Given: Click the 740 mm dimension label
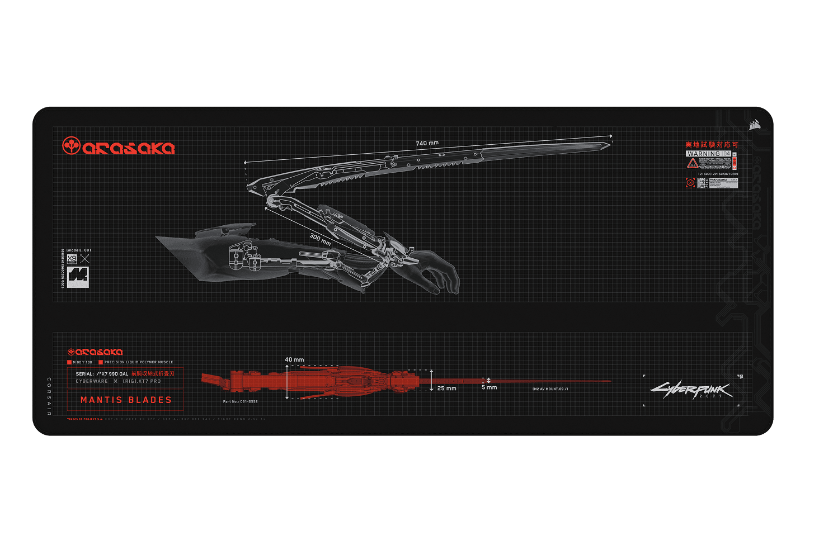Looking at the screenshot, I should point(427,143).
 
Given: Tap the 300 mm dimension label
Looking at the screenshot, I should point(320,239).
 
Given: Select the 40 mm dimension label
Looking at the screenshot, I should point(294,360).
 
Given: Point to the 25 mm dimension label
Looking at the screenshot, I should point(446,388).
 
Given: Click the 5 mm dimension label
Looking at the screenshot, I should point(489,387).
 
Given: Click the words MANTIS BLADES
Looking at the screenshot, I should point(126,400).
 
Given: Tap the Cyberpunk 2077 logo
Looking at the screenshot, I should point(691,390).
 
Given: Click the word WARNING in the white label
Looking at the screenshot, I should point(703,154).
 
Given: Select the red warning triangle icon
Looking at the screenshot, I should point(693,164).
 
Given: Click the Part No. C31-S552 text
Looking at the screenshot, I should point(241,401).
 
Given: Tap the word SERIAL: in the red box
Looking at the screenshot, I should point(85,374).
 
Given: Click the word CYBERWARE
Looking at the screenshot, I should point(92,381).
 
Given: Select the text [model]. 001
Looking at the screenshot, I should point(79,250).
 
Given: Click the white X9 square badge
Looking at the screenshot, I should point(72,259).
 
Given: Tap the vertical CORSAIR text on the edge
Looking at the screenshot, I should point(49,397).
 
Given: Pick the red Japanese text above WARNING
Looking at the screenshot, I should point(712,145).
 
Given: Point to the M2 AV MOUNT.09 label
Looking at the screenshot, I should point(550,389).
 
